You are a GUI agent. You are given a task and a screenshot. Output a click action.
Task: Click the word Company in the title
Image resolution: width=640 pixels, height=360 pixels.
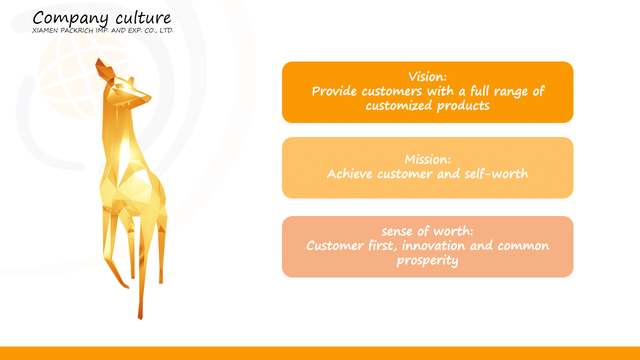pyautogui.click(x=70, y=19)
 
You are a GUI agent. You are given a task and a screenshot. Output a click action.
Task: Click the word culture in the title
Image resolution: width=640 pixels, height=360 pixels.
pyautogui.click(x=143, y=17)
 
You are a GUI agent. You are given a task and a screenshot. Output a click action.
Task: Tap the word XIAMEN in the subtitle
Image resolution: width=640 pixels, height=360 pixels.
pyautogui.click(x=45, y=30)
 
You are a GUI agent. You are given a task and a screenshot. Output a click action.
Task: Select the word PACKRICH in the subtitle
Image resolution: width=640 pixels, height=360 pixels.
pyautogui.click(x=76, y=30)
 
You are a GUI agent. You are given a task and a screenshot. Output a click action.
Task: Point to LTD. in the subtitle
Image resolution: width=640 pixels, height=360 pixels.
pyautogui.click(x=166, y=30)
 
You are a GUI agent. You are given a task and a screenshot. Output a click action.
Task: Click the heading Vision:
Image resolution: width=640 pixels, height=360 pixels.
pyautogui.click(x=427, y=76)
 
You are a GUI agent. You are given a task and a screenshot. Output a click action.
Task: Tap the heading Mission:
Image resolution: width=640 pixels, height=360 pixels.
pyautogui.click(x=427, y=159)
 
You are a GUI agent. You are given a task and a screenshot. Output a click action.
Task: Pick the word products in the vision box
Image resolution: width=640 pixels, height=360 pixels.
pyautogui.click(x=463, y=106)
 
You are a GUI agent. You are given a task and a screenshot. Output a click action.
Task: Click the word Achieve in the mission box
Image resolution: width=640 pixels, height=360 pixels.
pyautogui.click(x=349, y=173)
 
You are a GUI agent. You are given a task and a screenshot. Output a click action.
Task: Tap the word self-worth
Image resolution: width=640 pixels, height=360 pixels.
pyautogui.click(x=496, y=173)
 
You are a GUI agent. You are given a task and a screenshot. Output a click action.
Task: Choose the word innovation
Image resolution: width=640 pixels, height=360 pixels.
pyautogui.click(x=433, y=245)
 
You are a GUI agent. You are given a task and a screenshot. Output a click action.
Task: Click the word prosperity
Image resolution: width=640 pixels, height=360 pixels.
pyautogui.click(x=427, y=260)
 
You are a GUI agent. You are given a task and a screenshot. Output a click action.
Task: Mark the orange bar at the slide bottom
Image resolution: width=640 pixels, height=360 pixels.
pyautogui.click(x=320, y=353)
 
